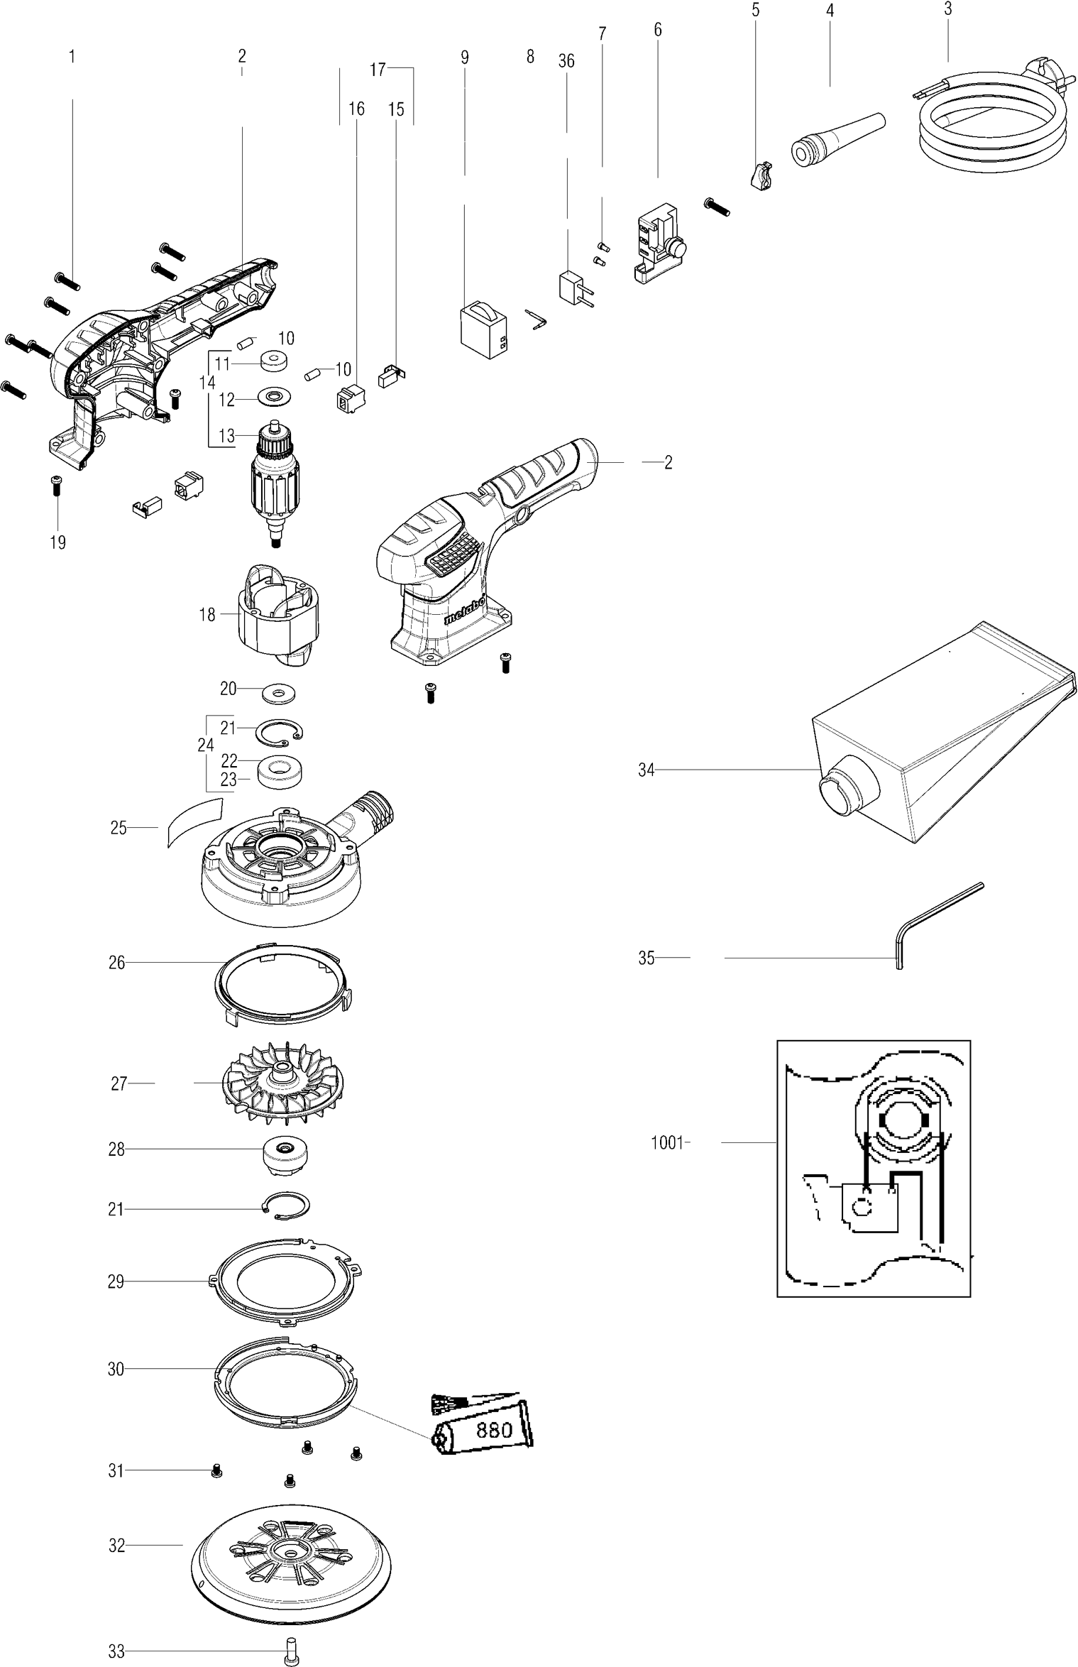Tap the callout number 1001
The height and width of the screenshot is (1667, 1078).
[x=666, y=1143]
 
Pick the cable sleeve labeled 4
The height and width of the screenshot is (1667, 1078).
[x=837, y=135]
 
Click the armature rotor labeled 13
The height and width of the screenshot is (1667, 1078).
[x=273, y=483]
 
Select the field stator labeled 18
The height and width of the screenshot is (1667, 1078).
[x=277, y=611]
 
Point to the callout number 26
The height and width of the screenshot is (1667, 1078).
[x=116, y=963]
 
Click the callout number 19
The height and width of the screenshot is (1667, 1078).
[x=57, y=542]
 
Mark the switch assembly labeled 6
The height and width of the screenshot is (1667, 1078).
[x=656, y=245]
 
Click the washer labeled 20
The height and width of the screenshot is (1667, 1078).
[x=277, y=692]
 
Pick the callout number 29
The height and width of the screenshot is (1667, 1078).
[x=116, y=1281]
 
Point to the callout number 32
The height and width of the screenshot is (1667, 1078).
[x=116, y=1545]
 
